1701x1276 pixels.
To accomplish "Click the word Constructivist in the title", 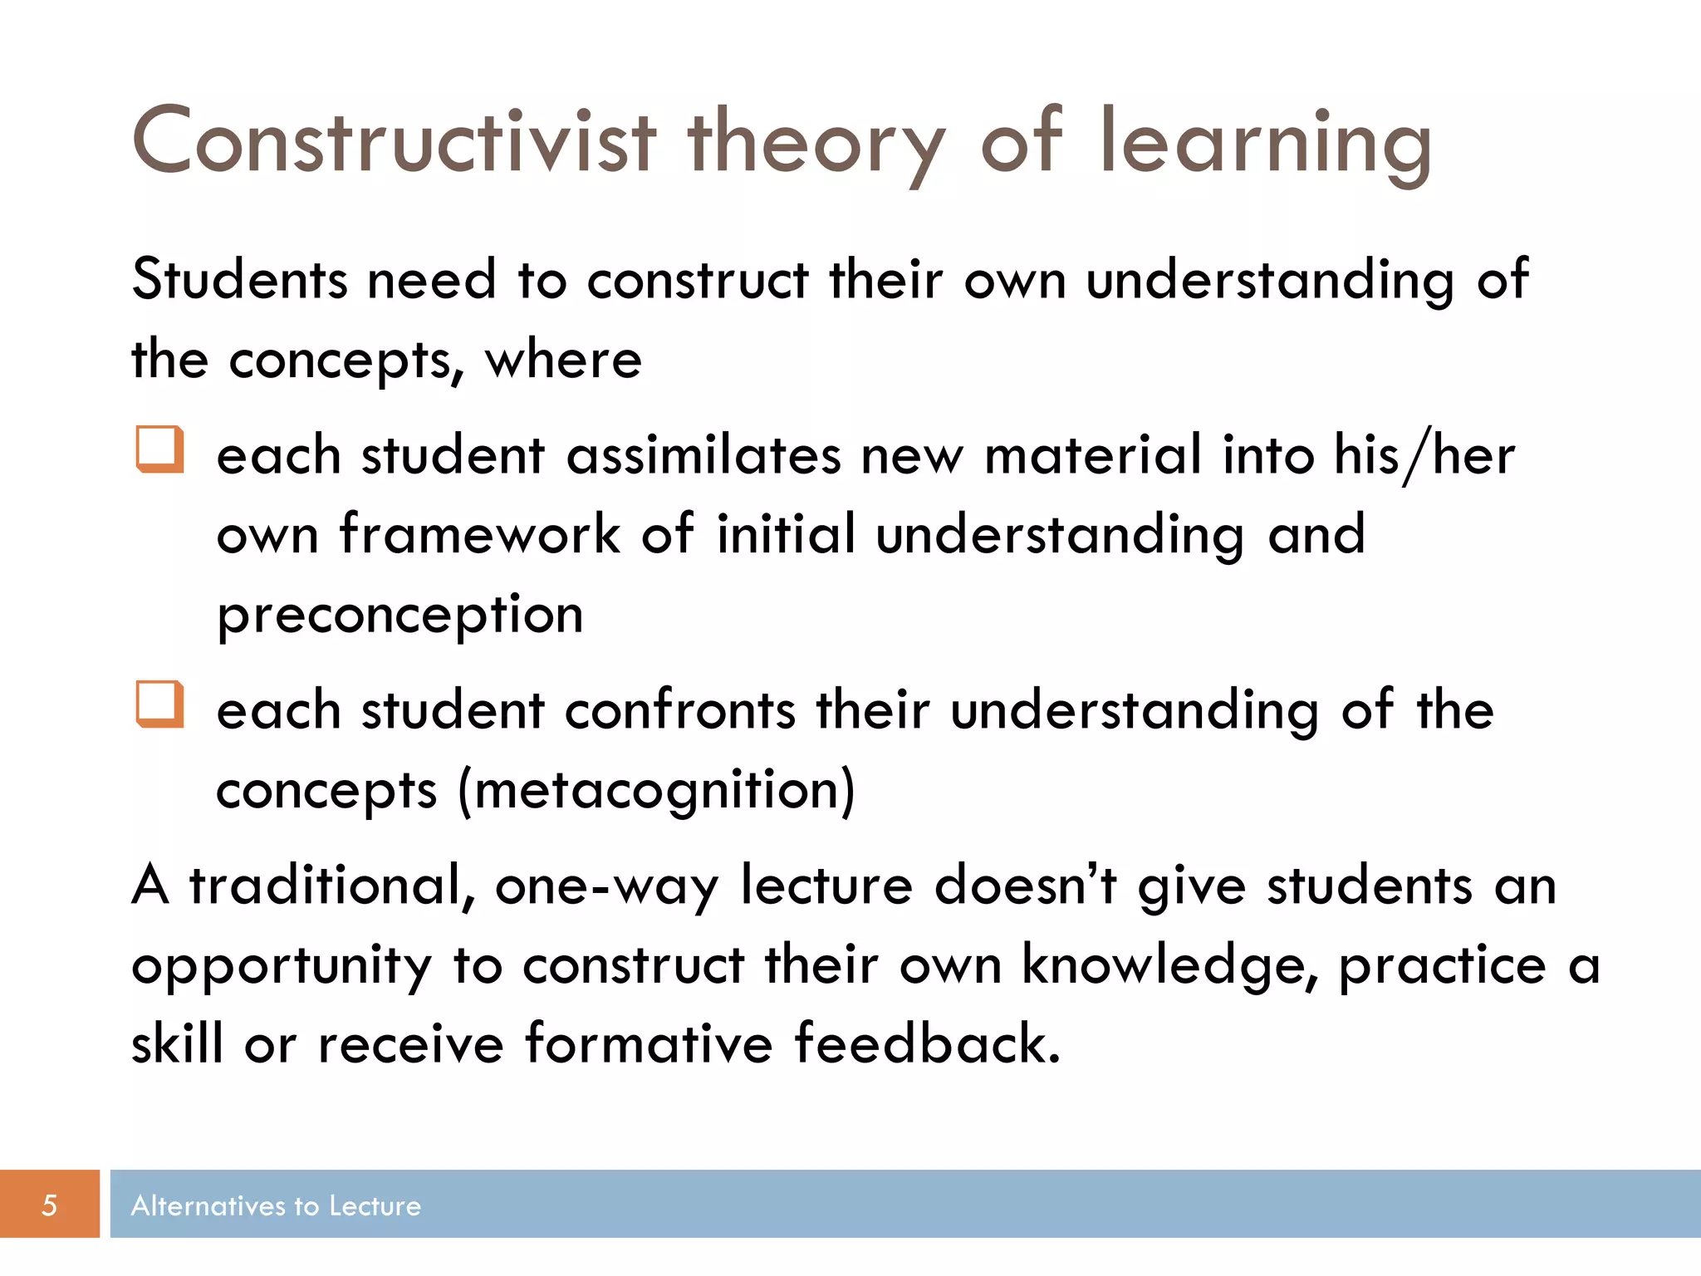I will click(x=394, y=143).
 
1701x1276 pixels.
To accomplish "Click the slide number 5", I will click(x=49, y=1205).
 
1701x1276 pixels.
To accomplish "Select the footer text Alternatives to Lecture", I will click(x=276, y=1205).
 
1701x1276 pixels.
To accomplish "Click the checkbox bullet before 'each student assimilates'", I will click(x=159, y=449).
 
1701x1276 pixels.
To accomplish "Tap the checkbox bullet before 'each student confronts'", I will click(x=159, y=704).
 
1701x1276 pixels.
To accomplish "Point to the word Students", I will click(x=238, y=279).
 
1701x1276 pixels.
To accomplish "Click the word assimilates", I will click(x=703, y=456).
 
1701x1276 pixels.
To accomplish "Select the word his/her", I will click(x=1424, y=456).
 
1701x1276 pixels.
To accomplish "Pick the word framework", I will click(x=479, y=533).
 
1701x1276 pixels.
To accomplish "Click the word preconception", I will click(x=400, y=616).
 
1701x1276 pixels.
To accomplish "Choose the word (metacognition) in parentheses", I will click(x=656, y=790).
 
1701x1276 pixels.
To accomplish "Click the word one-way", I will click(x=606, y=886).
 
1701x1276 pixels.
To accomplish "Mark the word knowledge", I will click(x=1167, y=965).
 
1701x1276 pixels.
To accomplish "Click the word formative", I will click(x=649, y=1043).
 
